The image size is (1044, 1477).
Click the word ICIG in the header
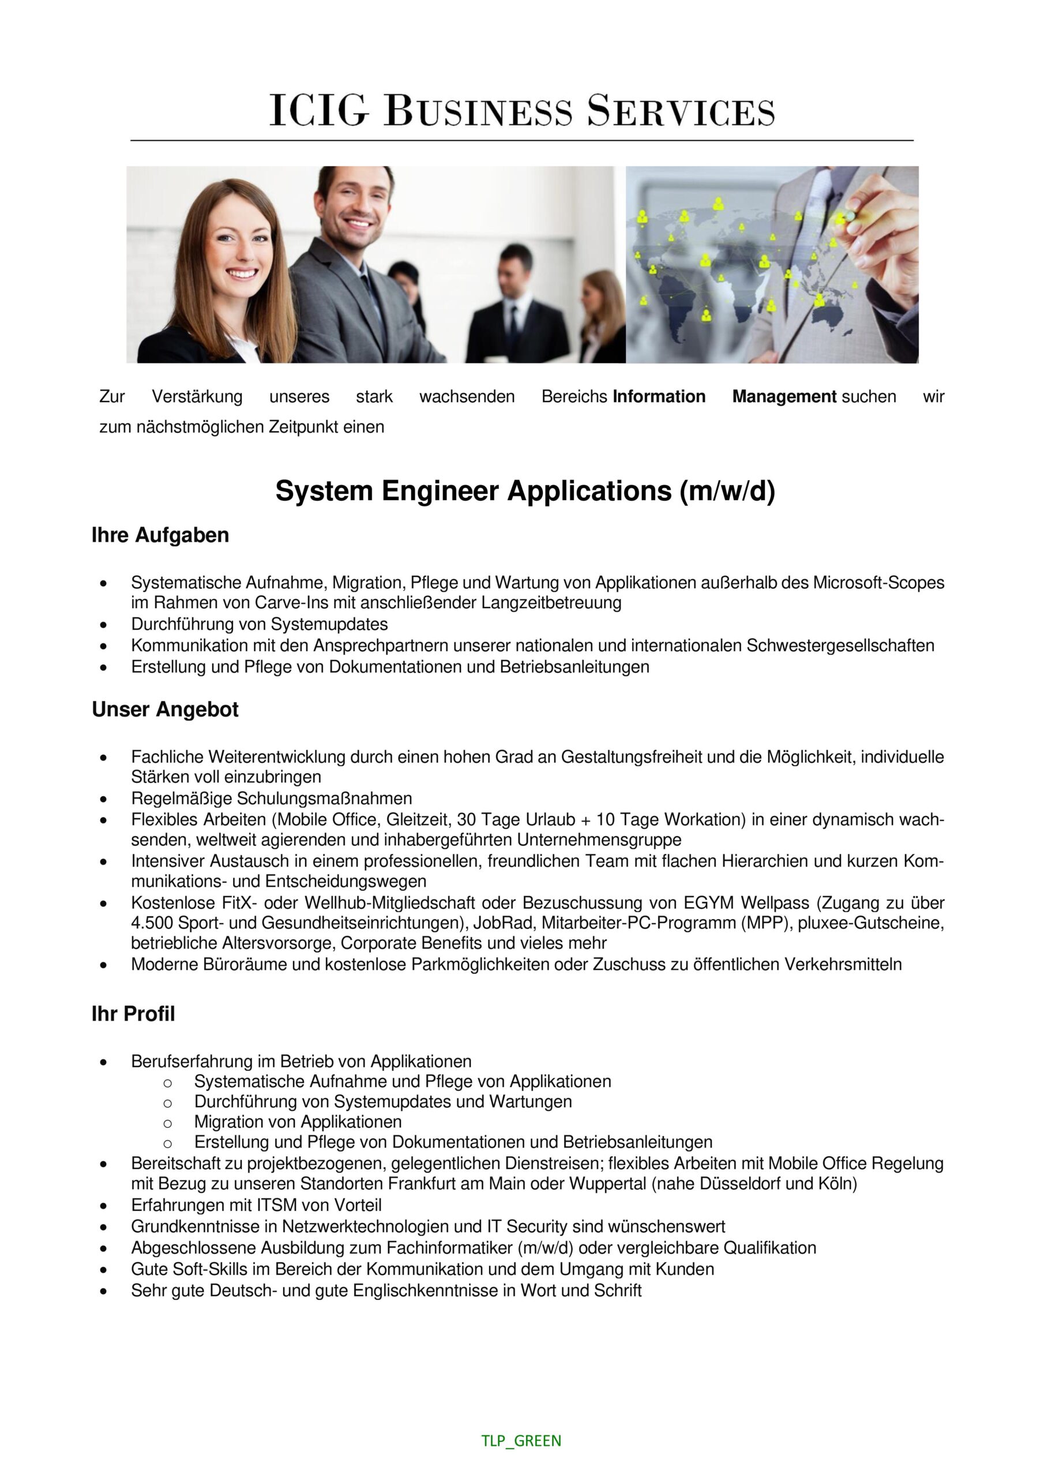[318, 111]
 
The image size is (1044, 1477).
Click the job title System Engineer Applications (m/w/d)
[525, 492]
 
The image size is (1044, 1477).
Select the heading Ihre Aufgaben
[160, 535]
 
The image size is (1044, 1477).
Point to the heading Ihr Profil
[133, 1014]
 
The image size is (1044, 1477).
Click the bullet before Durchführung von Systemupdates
[103, 625]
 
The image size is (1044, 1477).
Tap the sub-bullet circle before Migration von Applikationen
[167, 1123]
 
